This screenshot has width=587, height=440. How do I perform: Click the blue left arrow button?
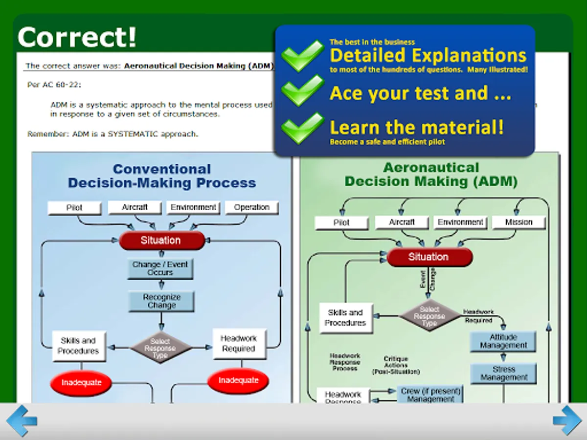click(x=22, y=420)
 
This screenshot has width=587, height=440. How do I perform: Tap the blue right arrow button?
click(x=567, y=420)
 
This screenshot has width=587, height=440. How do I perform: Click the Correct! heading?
click(x=77, y=37)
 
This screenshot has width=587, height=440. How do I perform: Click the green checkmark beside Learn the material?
click(x=303, y=128)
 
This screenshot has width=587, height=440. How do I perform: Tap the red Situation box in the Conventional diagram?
click(x=161, y=241)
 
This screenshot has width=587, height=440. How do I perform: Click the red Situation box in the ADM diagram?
click(x=429, y=257)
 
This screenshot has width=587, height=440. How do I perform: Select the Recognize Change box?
click(x=161, y=301)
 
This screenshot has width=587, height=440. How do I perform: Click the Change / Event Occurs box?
click(x=160, y=268)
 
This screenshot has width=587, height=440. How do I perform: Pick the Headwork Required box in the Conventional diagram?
click(x=239, y=344)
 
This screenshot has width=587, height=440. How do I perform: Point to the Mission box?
click(x=519, y=222)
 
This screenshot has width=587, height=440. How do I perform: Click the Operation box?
click(x=251, y=207)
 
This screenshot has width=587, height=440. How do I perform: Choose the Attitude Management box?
click(x=503, y=341)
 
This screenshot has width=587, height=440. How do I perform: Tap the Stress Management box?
click(x=503, y=374)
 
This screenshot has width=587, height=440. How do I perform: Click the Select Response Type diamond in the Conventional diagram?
click(x=160, y=348)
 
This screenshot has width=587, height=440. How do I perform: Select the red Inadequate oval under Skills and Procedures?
click(x=81, y=382)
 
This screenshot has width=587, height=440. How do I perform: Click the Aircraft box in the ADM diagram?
click(x=402, y=222)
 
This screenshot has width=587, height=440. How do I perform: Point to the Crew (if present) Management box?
click(x=430, y=395)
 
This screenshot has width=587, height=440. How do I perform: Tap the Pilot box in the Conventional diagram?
click(x=74, y=208)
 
